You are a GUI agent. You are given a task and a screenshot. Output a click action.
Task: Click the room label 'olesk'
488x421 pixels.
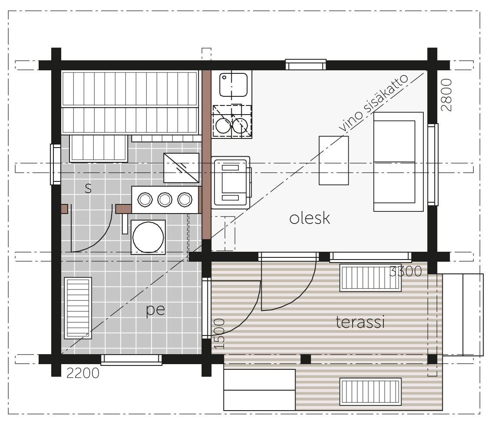(310, 218)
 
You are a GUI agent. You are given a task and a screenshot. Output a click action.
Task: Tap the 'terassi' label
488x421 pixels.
(360, 322)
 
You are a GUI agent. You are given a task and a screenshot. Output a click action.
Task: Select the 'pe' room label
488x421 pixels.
(155, 309)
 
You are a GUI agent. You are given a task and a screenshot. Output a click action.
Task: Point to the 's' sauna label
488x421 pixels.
(88, 188)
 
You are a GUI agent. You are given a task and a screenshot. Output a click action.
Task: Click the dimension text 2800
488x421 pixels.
(447, 95)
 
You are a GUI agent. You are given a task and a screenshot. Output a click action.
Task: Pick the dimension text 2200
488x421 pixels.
(83, 373)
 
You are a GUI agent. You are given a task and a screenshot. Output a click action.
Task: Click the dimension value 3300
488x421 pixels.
(406, 271)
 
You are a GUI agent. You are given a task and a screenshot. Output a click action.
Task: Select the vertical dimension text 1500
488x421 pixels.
(219, 334)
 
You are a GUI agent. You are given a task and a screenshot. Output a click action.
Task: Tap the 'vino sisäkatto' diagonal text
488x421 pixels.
(373, 103)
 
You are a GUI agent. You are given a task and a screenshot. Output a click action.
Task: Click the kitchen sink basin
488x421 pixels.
(234, 85)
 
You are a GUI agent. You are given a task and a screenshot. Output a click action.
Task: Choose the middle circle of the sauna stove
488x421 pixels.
(165, 200)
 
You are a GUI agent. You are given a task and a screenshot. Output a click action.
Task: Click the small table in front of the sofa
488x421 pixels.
(333, 161)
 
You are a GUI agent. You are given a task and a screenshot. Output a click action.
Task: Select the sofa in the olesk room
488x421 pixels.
(399, 162)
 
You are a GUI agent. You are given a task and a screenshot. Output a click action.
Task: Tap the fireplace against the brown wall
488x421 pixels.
(231, 183)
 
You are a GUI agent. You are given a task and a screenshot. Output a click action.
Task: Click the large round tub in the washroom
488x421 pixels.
(148, 237)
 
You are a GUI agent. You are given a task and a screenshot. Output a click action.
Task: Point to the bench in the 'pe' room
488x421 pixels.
(78, 308)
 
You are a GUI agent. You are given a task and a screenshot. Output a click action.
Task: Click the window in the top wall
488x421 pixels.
(306, 65)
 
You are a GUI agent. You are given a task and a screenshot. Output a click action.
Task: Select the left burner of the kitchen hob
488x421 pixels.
(223, 126)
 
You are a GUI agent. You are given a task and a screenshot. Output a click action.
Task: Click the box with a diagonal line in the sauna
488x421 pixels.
(181, 168)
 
